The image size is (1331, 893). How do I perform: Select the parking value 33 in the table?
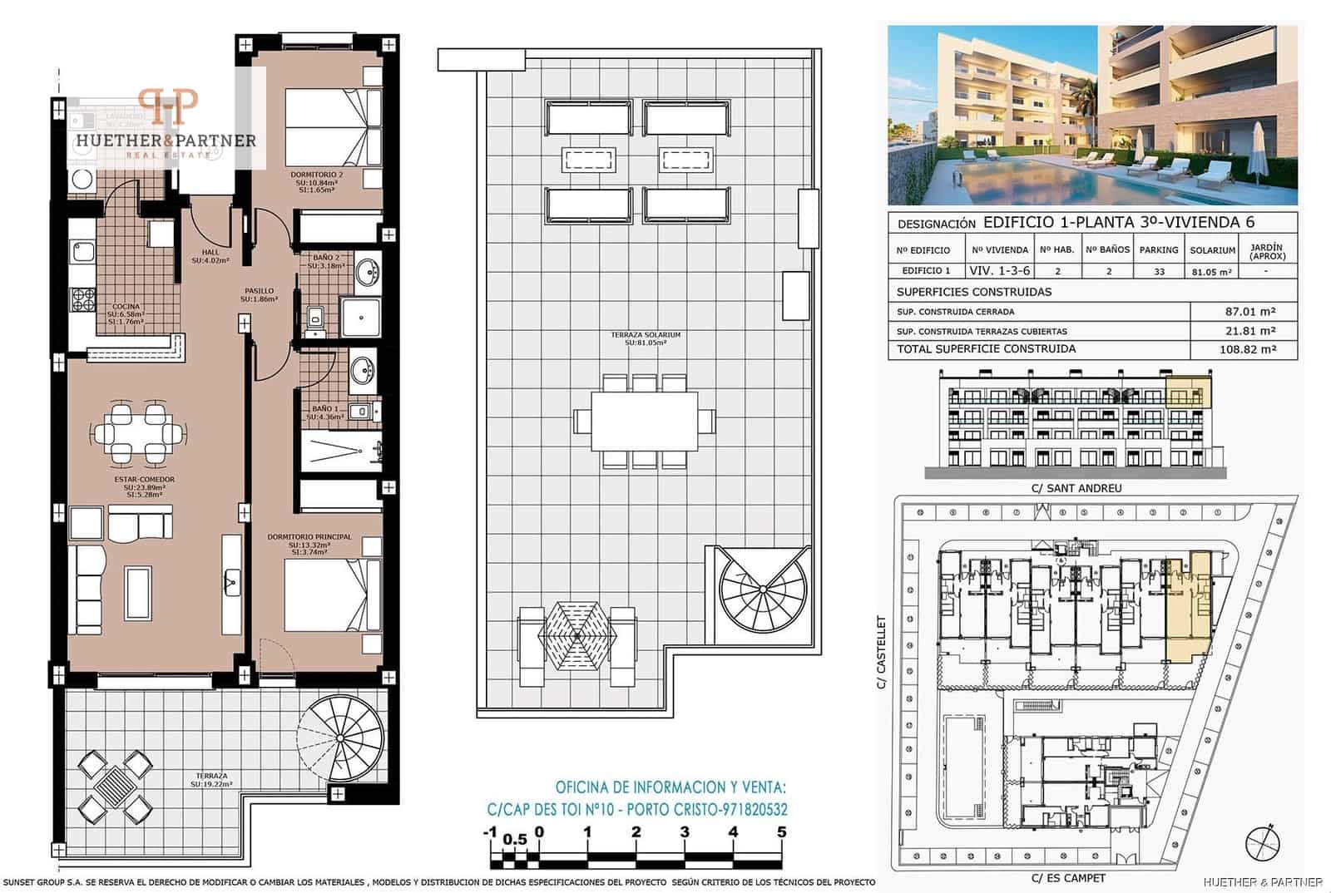coord(1159,271)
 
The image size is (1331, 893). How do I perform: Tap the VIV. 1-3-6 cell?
coord(999,271)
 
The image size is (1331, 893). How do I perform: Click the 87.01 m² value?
coord(1250,312)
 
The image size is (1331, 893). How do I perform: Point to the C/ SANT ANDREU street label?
coord(1076,488)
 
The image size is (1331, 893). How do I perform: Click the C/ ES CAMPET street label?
coord(1068,878)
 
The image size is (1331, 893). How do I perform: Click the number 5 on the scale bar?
coord(781,831)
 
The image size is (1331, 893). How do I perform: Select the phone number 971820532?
coord(747,809)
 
